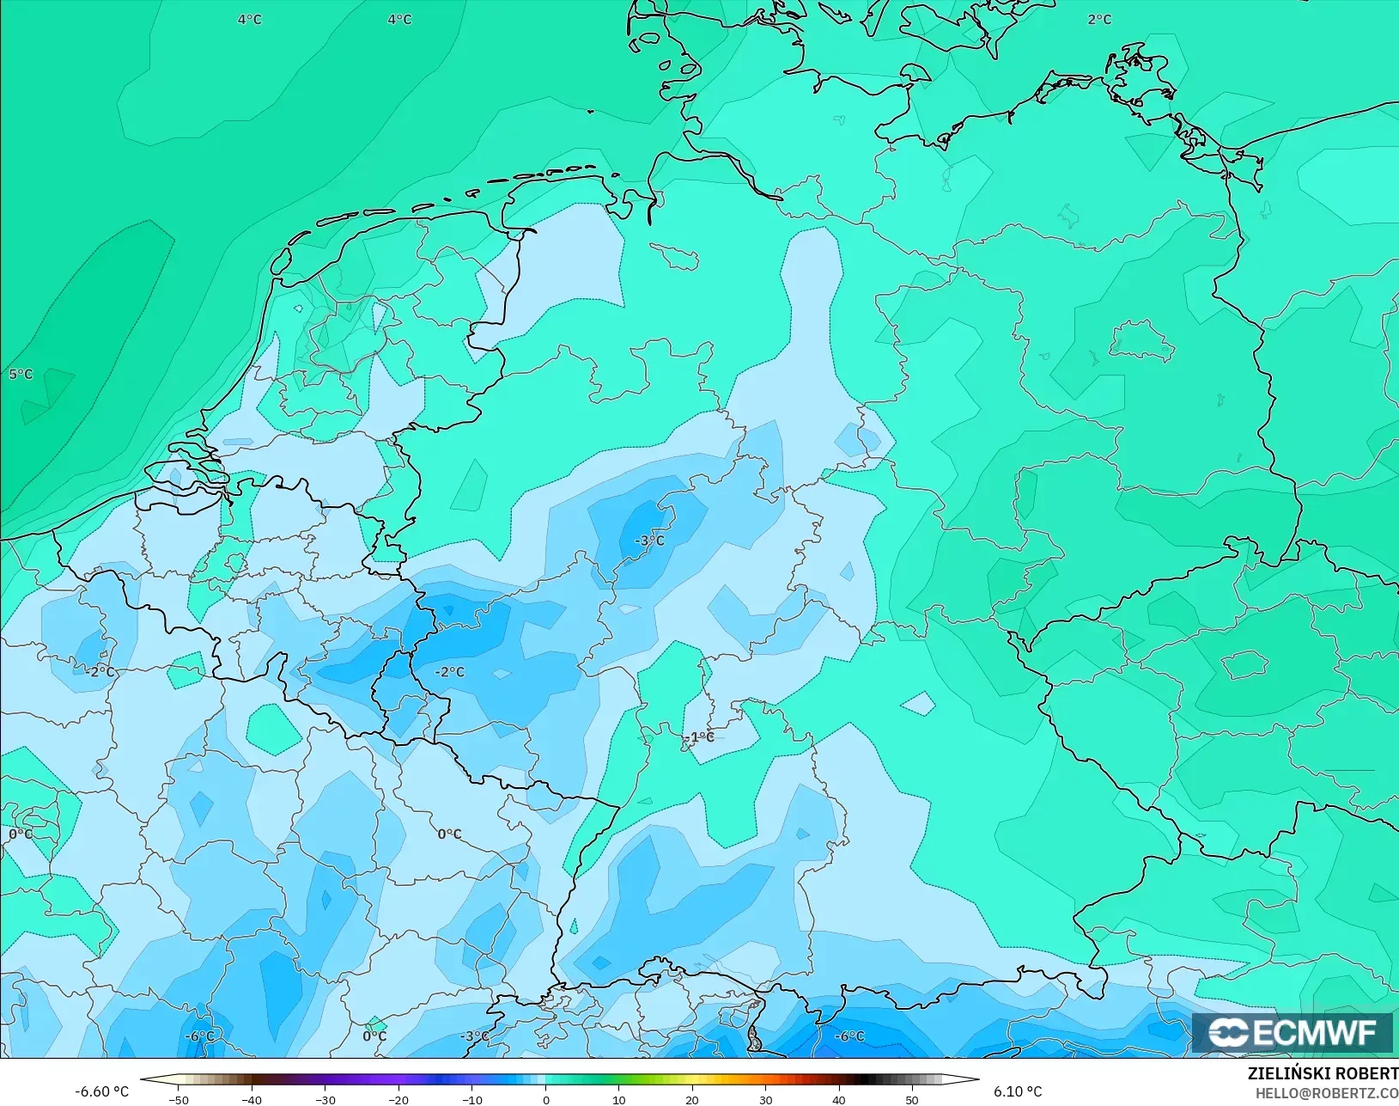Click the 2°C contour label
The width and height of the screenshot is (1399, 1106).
[1099, 19]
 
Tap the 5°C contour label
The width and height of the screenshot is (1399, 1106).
[21, 374]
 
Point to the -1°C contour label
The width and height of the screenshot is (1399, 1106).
[702, 736]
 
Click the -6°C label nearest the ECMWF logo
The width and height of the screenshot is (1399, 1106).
[849, 1036]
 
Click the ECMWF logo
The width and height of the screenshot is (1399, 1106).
[1292, 1032]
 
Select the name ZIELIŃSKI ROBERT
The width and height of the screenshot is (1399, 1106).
[1323, 1073]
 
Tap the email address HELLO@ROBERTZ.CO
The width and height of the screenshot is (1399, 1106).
[1327, 1093]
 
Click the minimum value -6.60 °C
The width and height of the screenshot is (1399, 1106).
[101, 1091]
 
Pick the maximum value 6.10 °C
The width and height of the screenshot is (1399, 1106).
[1018, 1091]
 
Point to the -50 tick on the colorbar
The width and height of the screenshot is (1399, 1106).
[178, 1099]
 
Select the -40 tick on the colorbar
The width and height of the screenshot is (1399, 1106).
[251, 1099]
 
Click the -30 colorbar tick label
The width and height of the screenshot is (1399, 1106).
[325, 1099]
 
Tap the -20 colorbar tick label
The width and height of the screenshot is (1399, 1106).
[398, 1099]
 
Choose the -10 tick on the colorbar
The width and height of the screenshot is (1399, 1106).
[471, 1099]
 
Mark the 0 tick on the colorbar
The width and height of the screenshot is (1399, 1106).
[545, 1099]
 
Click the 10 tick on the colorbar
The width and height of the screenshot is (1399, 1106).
[618, 1099]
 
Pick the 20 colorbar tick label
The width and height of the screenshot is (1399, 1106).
[692, 1099]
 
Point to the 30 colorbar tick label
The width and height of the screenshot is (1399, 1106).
[765, 1099]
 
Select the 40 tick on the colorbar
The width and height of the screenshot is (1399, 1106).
[839, 1099]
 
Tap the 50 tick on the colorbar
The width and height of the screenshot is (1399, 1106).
[912, 1099]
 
